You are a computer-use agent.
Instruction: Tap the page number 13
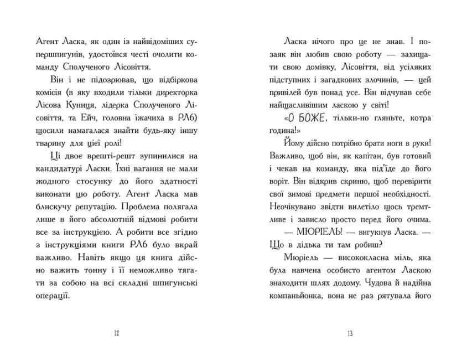point(350,333)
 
